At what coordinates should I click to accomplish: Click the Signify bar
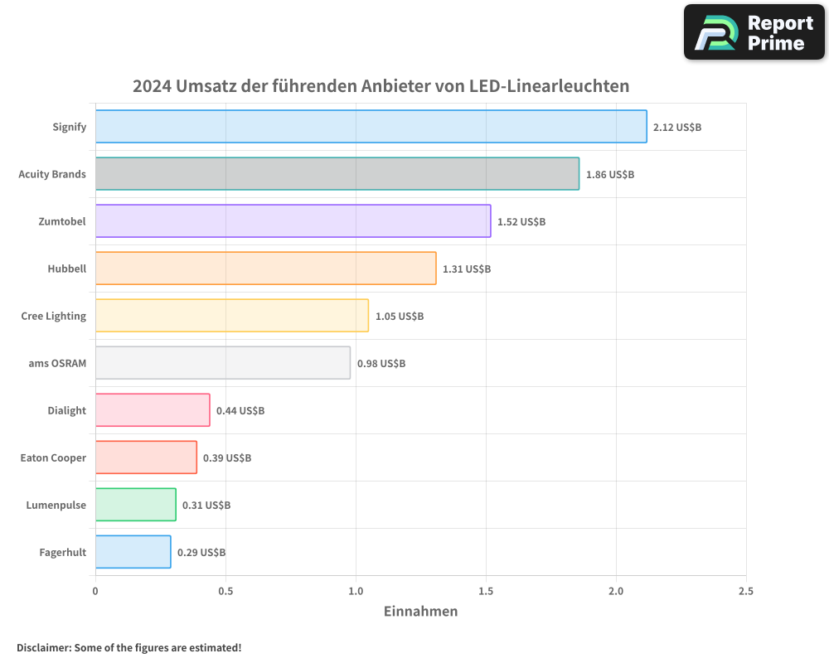pyautogui.click(x=371, y=127)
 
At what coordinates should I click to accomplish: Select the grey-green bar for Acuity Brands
pyautogui.click(x=337, y=174)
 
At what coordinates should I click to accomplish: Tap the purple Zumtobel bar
pyautogui.click(x=293, y=221)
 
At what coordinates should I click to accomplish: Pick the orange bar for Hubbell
pyautogui.click(x=265, y=269)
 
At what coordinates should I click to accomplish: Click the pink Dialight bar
pyautogui.click(x=153, y=410)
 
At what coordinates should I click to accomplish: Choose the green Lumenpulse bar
pyautogui.click(x=135, y=505)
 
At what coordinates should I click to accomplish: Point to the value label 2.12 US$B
pyautogui.click(x=677, y=128)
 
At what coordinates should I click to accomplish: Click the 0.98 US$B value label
pyautogui.click(x=381, y=364)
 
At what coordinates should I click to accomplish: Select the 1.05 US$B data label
pyautogui.click(x=400, y=317)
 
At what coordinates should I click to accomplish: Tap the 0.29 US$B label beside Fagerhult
pyautogui.click(x=201, y=553)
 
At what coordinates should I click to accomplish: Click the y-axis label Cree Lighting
pyautogui.click(x=54, y=316)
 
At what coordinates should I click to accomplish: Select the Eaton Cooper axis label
pyautogui.click(x=53, y=457)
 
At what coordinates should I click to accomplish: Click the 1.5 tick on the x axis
pyautogui.click(x=486, y=592)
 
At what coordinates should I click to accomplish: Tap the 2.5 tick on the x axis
pyautogui.click(x=745, y=592)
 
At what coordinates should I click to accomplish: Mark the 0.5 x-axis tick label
pyautogui.click(x=225, y=592)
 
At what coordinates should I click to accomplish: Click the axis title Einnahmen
pyautogui.click(x=420, y=612)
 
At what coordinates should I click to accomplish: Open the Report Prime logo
pyautogui.click(x=754, y=32)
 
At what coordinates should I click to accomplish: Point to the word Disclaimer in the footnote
pyautogui.click(x=43, y=648)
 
